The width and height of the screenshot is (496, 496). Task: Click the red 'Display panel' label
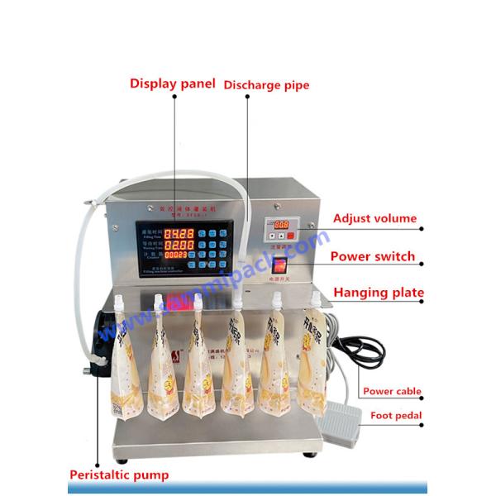point(172,83)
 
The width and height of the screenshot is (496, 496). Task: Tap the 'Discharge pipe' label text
point(266,84)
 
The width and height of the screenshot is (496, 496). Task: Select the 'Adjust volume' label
point(374,219)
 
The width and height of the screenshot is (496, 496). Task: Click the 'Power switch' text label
point(372,256)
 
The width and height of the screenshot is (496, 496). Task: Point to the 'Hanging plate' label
point(378,292)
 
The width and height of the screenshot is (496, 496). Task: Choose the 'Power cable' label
point(391,391)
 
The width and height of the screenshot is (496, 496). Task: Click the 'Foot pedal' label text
point(396,416)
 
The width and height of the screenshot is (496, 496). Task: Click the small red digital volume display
point(282,224)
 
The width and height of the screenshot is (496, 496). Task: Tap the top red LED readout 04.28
point(179,234)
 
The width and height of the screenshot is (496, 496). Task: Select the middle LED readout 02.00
point(179,246)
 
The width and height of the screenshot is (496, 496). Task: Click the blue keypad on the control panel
point(214,247)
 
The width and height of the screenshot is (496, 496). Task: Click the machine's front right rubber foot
point(311,453)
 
